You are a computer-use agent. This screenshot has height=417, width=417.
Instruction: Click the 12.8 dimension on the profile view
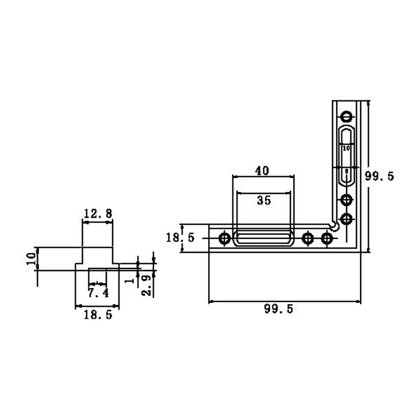(97, 213)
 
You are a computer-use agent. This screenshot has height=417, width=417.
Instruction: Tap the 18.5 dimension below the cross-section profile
(97, 315)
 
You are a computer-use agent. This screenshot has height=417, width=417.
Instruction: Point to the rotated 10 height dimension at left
(31, 259)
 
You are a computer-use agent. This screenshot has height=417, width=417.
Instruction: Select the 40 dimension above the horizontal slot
(262, 170)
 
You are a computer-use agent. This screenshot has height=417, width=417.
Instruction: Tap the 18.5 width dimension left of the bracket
(180, 238)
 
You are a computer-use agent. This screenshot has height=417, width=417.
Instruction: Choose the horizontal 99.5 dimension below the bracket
(279, 309)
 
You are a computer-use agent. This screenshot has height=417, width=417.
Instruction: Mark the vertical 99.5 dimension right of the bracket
(379, 176)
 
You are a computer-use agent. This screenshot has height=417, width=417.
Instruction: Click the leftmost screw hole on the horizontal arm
(225, 239)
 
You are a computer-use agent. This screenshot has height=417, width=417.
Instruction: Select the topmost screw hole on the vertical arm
(346, 116)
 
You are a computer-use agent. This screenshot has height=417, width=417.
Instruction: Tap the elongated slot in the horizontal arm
(263, 239)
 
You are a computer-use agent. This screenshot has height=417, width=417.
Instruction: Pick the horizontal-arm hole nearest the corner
(327, 239)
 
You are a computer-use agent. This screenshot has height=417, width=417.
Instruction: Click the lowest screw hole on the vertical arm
(346, 218)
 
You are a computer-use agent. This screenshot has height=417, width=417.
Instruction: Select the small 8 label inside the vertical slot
(347, 171)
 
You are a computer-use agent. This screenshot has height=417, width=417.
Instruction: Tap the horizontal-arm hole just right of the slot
(308, 239)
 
